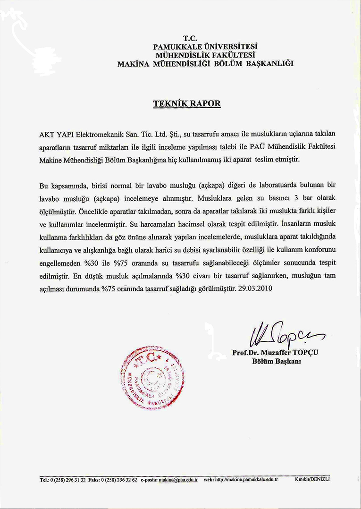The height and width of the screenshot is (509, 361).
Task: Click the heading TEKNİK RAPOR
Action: [x=186, y=103]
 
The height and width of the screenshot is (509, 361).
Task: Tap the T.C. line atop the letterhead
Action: [x=190, y=38]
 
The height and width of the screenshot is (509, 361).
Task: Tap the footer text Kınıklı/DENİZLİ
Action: [x=312, y=479]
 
